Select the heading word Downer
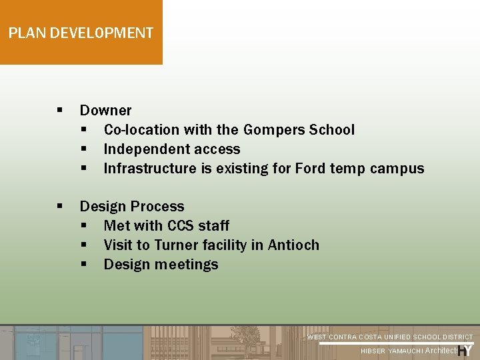[105, 111]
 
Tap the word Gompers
[273, 130]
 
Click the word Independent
[146, 149]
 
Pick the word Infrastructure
[150, 169]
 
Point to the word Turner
[176, 245]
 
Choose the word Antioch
[293, 245]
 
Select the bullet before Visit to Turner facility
[84, 245]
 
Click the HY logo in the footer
[465, 351]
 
